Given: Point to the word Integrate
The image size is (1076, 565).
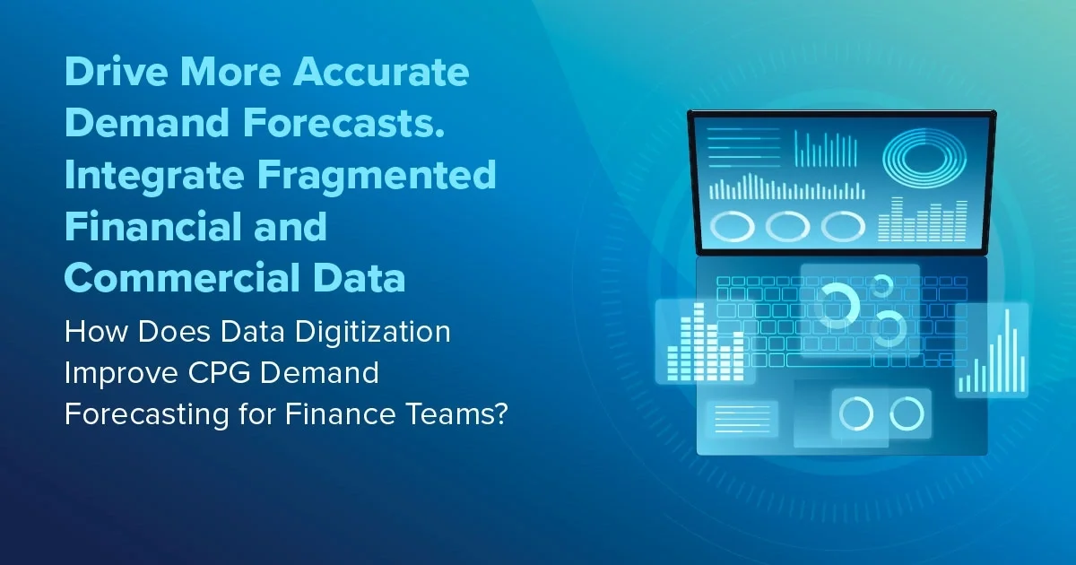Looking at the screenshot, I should coord(148,175).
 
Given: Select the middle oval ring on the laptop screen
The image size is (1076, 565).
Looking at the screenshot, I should coord(787,225).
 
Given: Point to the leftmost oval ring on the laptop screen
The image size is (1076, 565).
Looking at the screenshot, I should coord(732,225).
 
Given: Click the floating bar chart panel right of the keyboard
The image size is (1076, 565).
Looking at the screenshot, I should coord(991,351).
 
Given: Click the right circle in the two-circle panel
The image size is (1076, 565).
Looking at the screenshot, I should coord(907,413).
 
